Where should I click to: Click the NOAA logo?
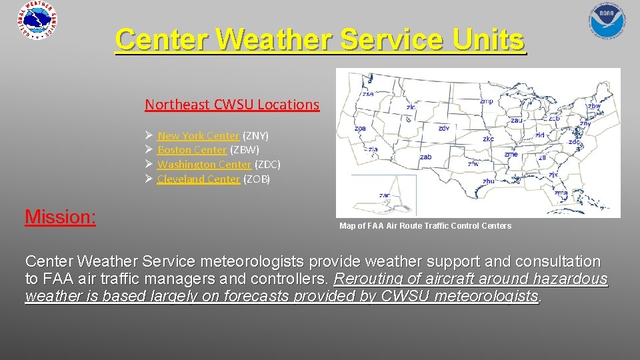[607, 19]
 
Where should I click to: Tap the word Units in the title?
[485, 40]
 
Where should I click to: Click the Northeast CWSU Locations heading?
[232, 105]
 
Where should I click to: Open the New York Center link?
[198, 135]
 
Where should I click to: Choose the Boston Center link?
[192, 150]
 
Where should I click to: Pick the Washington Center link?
[204, 164]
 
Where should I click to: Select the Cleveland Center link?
[199, 179]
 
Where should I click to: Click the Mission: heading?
[60, 217]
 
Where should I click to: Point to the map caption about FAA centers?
[425, 226]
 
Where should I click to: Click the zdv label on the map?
[444, 128]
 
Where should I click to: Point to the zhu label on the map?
[489, 181]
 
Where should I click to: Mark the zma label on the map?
[561, 193]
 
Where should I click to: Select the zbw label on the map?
[593, 106]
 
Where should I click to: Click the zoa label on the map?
[360, 129]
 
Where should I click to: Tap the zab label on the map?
[425, 157]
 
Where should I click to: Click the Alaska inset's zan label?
[385, 195]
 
